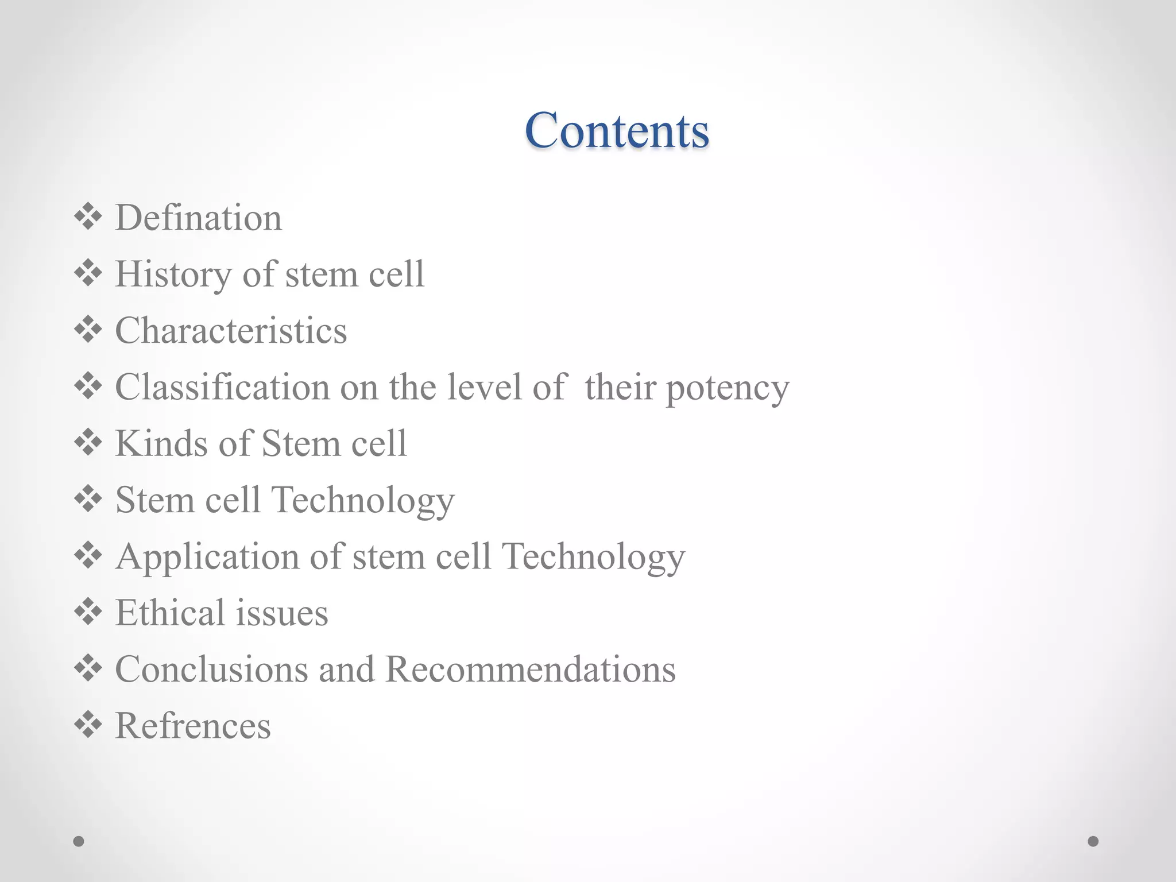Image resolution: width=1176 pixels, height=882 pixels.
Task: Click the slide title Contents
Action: [x=617, y=130]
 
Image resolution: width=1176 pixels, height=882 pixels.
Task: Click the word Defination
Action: [x=199, y=218]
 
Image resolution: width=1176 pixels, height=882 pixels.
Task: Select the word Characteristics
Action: [x=231, y=330]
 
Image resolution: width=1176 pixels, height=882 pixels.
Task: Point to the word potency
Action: [x=728, y=388]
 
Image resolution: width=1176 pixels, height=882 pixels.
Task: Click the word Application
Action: [x=207, y=556]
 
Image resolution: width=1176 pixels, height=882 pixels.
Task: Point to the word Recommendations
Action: [x=530, y=669]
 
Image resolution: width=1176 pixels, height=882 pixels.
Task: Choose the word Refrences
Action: [x=193, y=725]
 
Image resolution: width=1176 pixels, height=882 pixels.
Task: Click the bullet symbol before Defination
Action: [x=88, y=217]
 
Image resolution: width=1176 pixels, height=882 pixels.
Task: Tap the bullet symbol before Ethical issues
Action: [x=88, y=612]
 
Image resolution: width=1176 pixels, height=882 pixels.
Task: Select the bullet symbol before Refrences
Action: [x=88, y=725]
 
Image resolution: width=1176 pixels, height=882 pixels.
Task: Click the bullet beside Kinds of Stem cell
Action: [x=88, y=443]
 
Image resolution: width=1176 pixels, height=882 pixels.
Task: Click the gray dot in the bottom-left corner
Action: [x=79, y=841]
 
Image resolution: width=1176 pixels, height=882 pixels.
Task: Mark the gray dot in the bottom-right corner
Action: [x=1093, y=841]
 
